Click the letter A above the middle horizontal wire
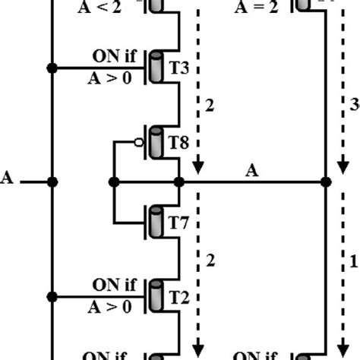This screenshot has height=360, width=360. coord(251,172)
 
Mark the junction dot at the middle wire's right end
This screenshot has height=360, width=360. coord(326,182)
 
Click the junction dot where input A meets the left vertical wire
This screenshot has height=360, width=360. coord(52,182)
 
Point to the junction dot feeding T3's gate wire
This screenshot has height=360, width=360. coord(52,68)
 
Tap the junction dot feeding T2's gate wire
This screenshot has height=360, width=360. coord(52,297)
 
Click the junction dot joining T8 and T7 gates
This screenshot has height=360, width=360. coord(114,182)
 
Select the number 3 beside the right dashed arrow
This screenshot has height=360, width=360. coord(355,106)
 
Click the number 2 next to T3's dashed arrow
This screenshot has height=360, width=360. coord(210,106)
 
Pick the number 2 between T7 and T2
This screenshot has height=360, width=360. coord(210,261)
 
